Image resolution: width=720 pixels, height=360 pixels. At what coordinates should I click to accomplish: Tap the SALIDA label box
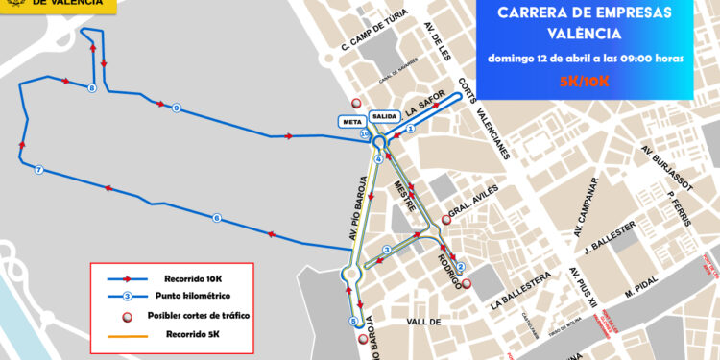[383, 117]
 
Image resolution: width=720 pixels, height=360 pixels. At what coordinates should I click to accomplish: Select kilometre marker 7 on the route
[38, 170]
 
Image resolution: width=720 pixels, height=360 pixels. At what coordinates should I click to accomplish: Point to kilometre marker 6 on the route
[217, 219]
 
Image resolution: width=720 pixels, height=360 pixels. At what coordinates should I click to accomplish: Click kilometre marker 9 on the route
[177, 108]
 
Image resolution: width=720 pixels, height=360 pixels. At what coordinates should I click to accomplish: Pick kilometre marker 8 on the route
[91, 89]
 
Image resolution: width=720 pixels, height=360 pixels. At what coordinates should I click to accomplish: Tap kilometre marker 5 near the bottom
[353, 321]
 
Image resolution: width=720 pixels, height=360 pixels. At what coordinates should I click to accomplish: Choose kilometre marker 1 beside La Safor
[410, 127]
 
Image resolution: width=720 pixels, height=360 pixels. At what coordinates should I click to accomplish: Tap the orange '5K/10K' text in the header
[584, 81]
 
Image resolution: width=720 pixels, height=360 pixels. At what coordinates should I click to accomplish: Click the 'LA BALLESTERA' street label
[519, 290]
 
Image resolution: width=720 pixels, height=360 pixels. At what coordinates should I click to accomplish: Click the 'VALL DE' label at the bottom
[423, 323]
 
